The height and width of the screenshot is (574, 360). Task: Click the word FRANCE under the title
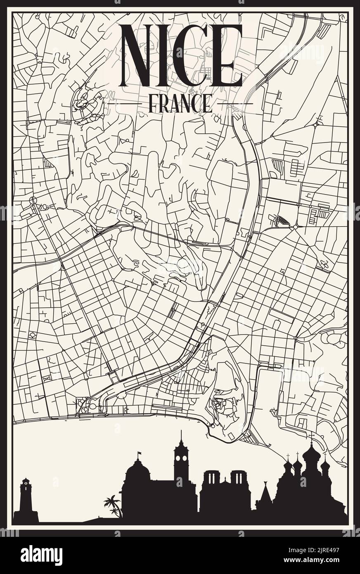pos(180,103)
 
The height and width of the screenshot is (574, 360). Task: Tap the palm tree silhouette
pos(113,506)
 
